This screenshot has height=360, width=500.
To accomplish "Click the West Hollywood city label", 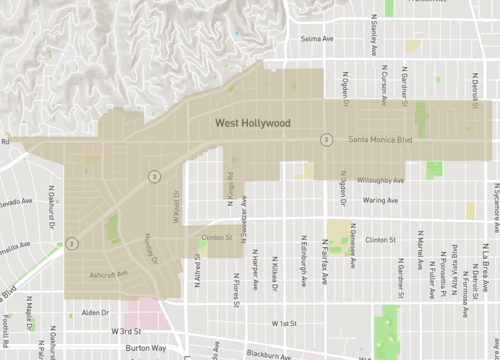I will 254,124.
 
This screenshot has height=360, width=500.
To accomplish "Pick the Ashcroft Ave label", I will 109,273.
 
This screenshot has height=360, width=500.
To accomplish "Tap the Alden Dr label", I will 95,311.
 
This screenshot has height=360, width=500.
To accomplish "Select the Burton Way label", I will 145,348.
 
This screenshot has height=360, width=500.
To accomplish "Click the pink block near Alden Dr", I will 146,311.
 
